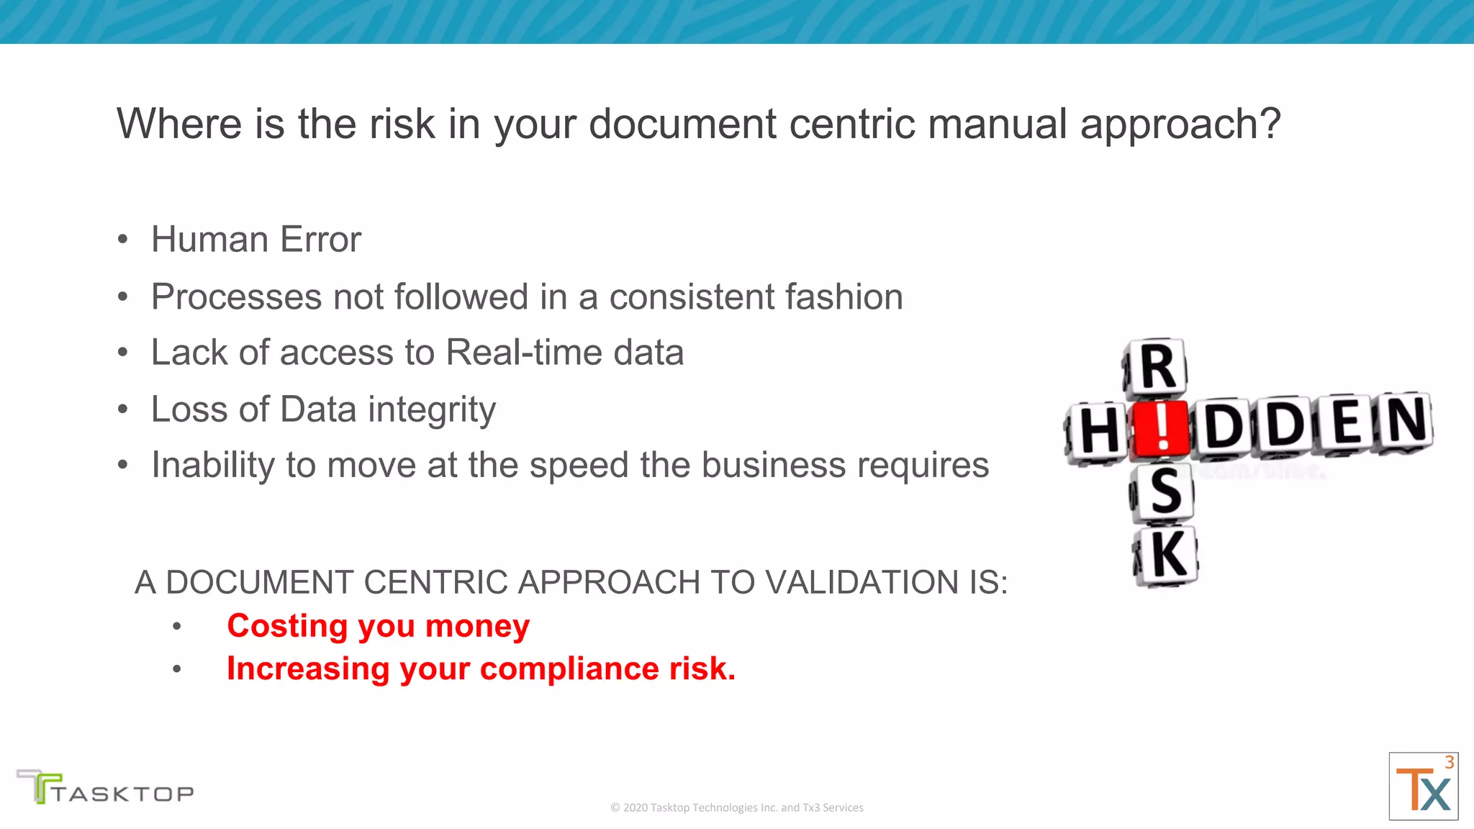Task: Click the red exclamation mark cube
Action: [x=1160, y=430]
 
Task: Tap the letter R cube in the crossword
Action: [x=1156, y=368]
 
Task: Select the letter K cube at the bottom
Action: [x=1167, y=555]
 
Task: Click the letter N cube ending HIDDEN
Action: [x=1404, y=421]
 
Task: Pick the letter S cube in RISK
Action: [x=1165, y=492]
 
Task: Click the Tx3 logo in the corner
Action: [x=1423, y=787]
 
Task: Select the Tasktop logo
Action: [x=105, y=787]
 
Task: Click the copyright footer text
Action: [x=736, y=807]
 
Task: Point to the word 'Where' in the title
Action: [x=179, y=124]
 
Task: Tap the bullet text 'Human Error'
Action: [x=256, y=240]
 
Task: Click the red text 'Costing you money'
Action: [x=378, y=626]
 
